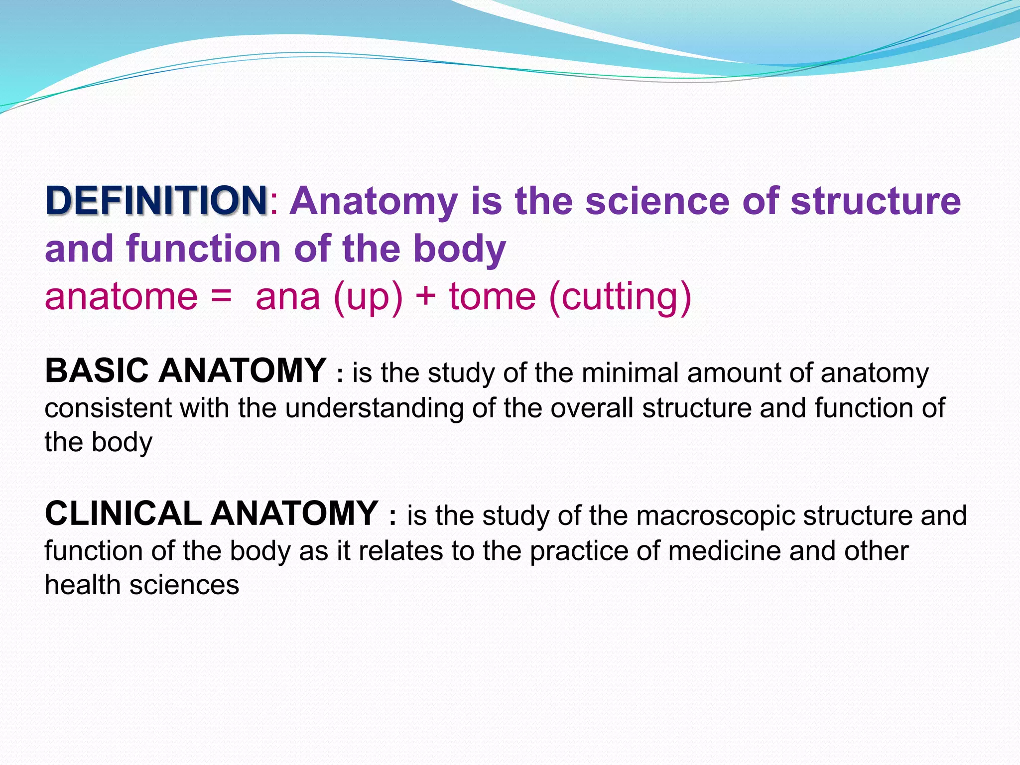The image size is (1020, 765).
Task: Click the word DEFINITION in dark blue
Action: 156,201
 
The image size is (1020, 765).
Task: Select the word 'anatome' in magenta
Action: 121,297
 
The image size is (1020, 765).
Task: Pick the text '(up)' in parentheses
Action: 368,298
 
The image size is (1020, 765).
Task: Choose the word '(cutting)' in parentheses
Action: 620,298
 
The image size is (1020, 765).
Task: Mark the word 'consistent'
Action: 108,408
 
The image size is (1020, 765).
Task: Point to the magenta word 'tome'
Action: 493,297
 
